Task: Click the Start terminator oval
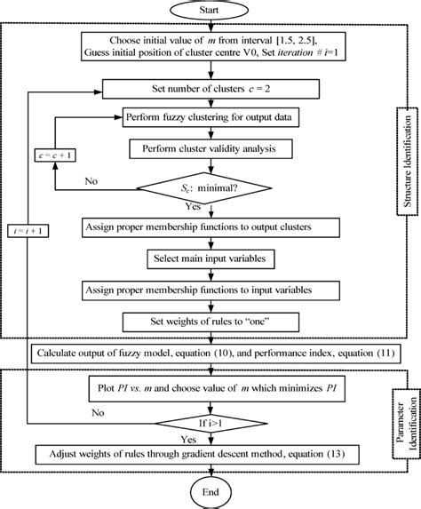click(x=210, y=12)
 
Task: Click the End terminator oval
click(x=210, y=491)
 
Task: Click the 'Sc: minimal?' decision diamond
click(x=210, y=187)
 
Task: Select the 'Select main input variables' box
click(x=210, y=258)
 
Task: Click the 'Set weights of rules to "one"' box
click(x=210, y=321)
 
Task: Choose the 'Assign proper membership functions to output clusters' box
click(x=210, y=227)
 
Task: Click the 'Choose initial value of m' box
click(x=210, y=46)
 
